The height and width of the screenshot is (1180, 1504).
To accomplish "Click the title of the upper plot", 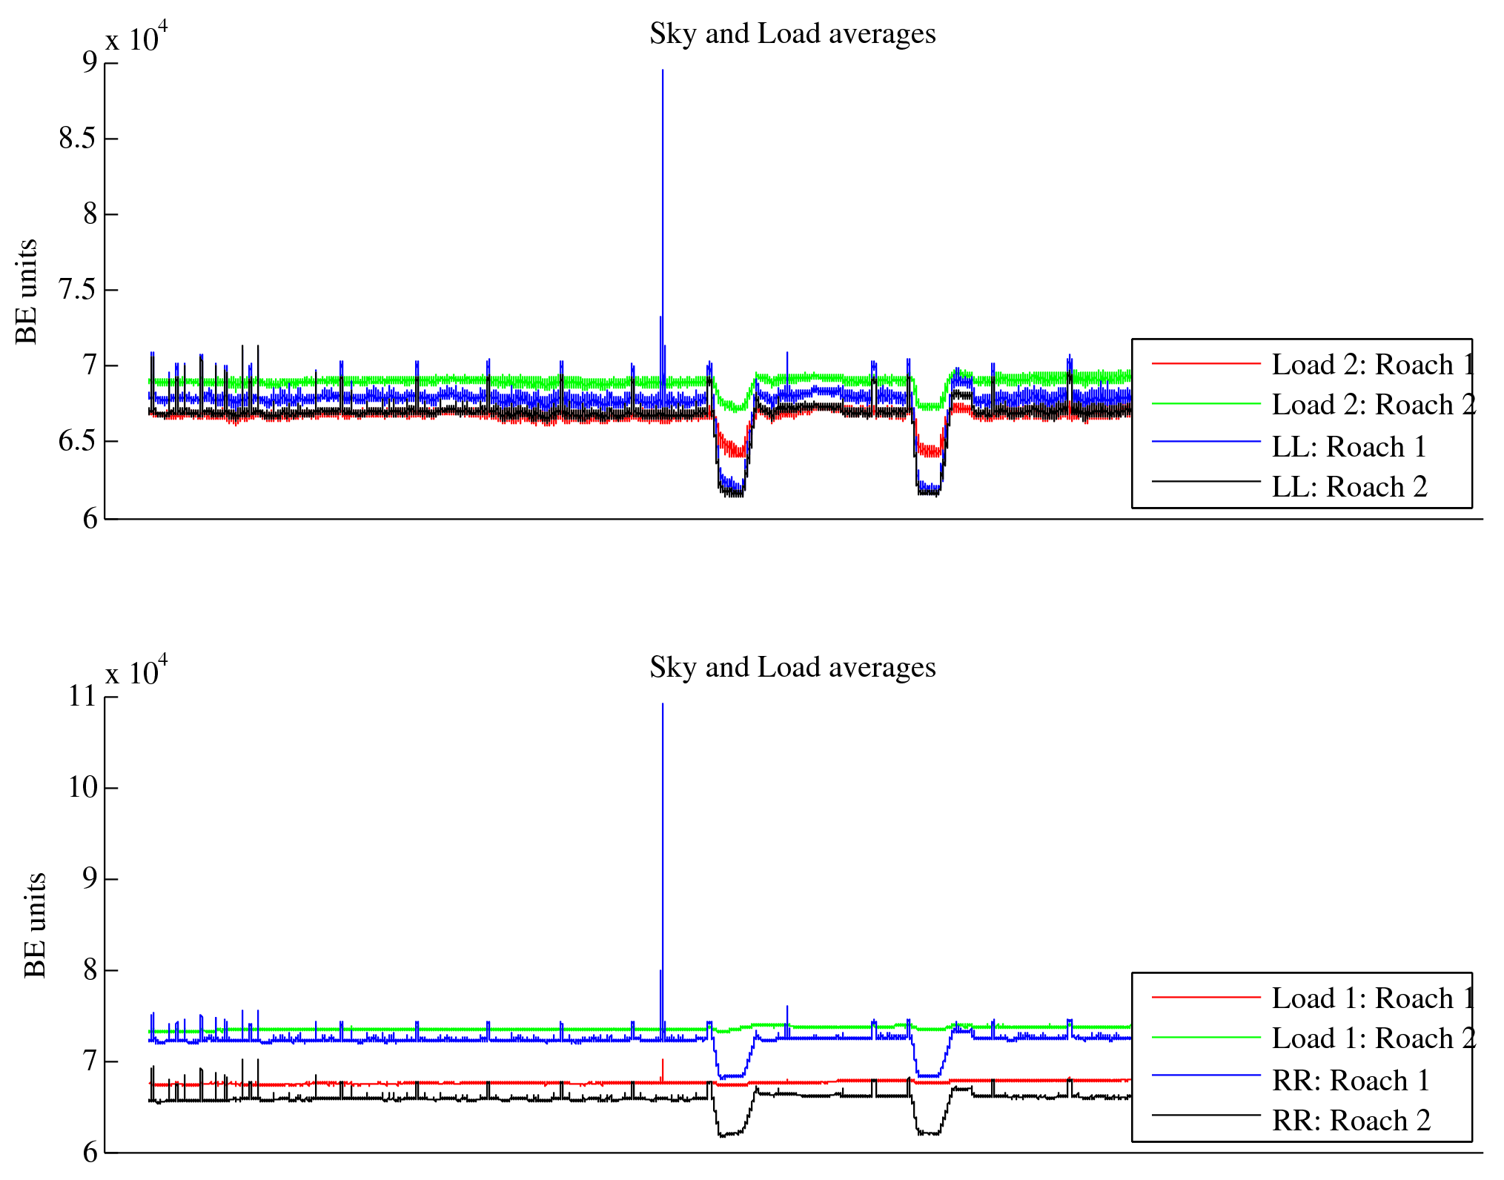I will point(792,34).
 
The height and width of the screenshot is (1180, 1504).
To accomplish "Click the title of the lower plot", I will point(792,668).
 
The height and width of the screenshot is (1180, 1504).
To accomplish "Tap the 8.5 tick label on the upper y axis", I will point(78,139).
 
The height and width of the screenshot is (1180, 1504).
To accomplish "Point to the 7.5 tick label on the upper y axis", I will point(78,290).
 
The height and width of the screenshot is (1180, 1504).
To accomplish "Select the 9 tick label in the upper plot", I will point(90,62).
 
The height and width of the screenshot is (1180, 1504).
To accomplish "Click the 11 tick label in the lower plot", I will point(82,697).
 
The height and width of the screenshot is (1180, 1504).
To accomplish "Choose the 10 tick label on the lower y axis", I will point(82,787).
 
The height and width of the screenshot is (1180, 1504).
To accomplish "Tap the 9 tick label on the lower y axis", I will point(90,879).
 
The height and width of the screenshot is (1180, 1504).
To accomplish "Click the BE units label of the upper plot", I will point(27,292).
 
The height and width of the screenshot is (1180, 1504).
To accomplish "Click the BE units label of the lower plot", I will point(35,926).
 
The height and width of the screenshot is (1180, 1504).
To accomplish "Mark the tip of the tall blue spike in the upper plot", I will point(663,70).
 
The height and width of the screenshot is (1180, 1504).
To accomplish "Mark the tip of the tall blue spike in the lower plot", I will point(663,704).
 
